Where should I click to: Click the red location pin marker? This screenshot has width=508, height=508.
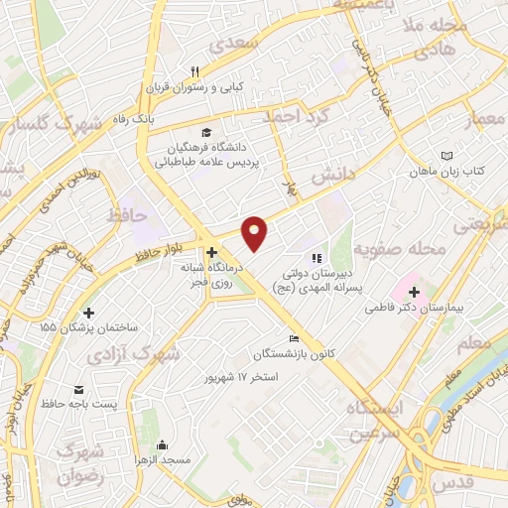pos(256,232)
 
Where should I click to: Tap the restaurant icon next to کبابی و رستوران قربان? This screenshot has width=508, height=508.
pos(195,71)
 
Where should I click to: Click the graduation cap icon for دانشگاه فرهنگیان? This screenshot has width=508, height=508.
pos(205,133)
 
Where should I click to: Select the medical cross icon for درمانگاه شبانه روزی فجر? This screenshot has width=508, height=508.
pos(211,251)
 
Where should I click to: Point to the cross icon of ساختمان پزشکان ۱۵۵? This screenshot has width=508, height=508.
pos(89,313)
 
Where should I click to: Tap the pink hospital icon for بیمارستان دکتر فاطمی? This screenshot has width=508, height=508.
pos(413,293)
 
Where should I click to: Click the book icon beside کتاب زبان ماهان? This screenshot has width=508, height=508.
pos(446,156)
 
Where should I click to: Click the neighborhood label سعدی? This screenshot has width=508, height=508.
pos(256,44)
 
